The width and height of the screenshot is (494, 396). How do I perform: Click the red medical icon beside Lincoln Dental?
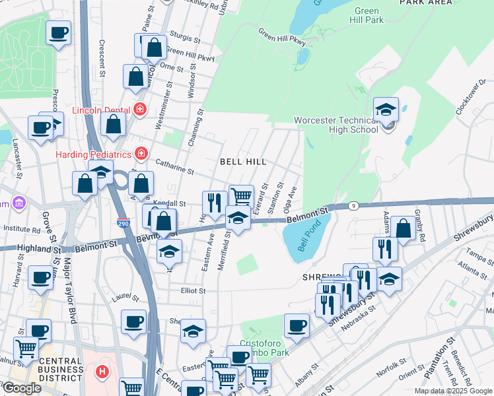point(139,109)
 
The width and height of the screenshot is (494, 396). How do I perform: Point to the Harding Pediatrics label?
point(94,154)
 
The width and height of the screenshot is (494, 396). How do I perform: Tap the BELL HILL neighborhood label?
point(243,162)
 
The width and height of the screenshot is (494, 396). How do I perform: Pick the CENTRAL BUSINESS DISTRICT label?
point(61,366)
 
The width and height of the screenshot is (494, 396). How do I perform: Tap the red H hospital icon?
point(102,372)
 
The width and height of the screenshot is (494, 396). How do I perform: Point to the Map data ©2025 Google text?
point(453,391)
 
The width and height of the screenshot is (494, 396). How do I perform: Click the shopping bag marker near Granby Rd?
point(403,230)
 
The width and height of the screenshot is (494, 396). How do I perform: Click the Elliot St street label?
point(194,290)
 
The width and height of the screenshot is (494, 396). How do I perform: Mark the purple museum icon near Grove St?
point(18,201)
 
